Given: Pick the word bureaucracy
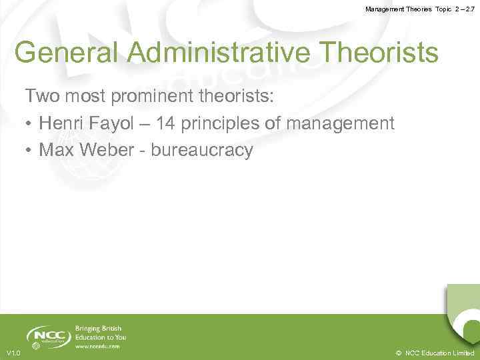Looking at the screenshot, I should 202,151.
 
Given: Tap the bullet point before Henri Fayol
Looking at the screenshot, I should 30,124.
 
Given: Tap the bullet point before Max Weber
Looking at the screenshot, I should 30,151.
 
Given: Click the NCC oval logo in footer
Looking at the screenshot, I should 49,336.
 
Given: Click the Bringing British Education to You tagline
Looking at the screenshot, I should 99,333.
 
